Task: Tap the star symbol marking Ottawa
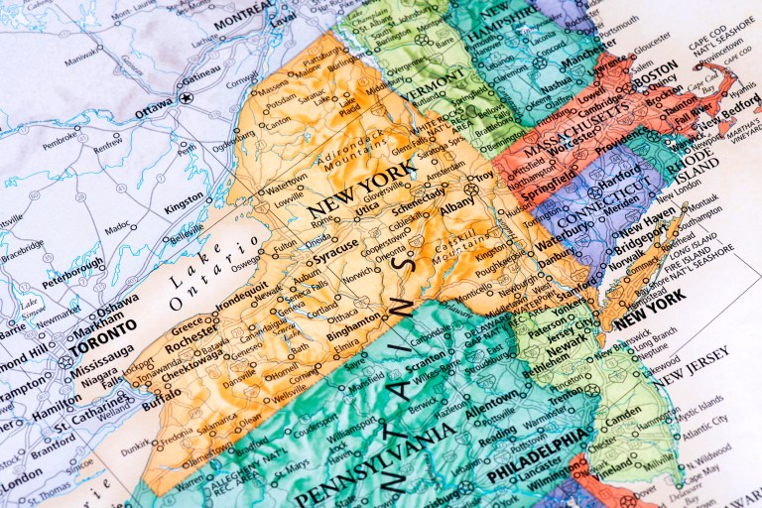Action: tap(186, 97)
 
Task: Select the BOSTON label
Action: tap(654, 74)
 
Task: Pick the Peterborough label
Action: tap(70, 267)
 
